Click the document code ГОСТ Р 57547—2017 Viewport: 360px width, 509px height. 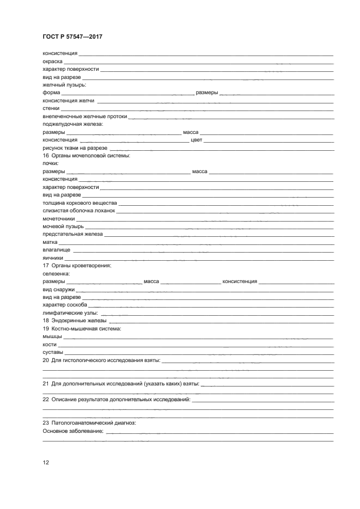pyautogui.click(x=72, y=36)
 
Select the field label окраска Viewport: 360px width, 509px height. pyautogui.click(x=52, y=62)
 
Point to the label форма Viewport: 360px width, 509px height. pyautogui.click(x=51, y=93)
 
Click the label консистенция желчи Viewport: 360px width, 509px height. pyautogui.click(x=69, y=101)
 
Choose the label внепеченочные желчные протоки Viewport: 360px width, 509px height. pyautogui.click(x=84, y=116)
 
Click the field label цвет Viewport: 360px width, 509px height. pyautogui.click(x=196, y=140)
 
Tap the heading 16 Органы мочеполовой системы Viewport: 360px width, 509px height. pyautogui.click(x=87, y=156)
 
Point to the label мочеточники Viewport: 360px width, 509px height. pyautogui.click(x=58, y=218)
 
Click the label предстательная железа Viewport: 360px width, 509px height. pyautogui.click(x=72, y=234)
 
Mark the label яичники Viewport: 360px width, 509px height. pyautogui.click(x=53, y=257)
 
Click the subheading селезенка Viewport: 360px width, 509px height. pyautogui.click(x=56, y=273)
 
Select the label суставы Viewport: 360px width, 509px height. pyautogui.click(x=52, y=352)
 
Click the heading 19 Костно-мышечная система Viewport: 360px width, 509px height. pyautogui.click(x=82, y=329)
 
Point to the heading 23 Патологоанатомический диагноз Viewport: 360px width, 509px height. pyautogui.click(x=89, y=423)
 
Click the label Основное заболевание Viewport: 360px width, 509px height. pyautogui.click(x=73, y=431)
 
